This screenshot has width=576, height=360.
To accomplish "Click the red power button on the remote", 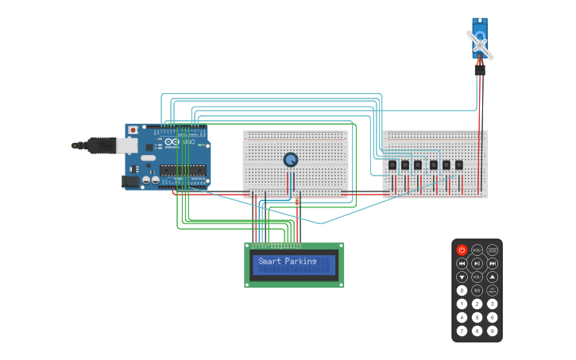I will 462,250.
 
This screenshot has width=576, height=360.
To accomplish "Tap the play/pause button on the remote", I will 477,263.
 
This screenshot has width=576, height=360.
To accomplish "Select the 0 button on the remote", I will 462,290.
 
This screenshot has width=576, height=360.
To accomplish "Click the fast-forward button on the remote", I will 493,263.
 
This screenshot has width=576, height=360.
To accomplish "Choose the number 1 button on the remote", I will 462,304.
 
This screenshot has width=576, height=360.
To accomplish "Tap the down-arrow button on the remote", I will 462,277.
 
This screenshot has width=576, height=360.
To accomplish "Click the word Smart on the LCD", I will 269,261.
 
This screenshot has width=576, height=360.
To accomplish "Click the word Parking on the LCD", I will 300,261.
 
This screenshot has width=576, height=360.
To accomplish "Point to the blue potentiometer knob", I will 291,160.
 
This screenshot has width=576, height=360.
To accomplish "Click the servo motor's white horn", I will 480,42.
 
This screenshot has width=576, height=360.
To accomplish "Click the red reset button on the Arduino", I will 133,130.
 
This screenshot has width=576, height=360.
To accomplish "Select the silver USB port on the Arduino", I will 126,145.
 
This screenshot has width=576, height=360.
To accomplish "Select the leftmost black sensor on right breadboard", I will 392,165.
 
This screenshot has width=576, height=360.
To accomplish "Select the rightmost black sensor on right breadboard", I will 458,165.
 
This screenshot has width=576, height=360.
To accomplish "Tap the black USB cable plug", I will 100,145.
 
